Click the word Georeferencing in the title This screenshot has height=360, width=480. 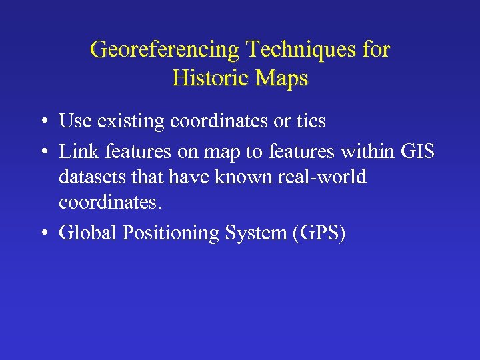165,49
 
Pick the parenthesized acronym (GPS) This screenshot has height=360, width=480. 317,233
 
